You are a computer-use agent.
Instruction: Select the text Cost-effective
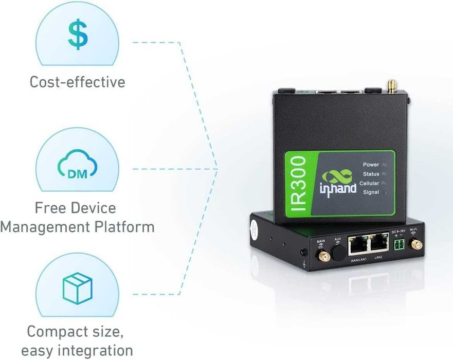77,82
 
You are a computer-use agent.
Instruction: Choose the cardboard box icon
77,287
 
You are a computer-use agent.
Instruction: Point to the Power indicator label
371,165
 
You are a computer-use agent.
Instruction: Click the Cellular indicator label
369,184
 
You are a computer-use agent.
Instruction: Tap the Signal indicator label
371,193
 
